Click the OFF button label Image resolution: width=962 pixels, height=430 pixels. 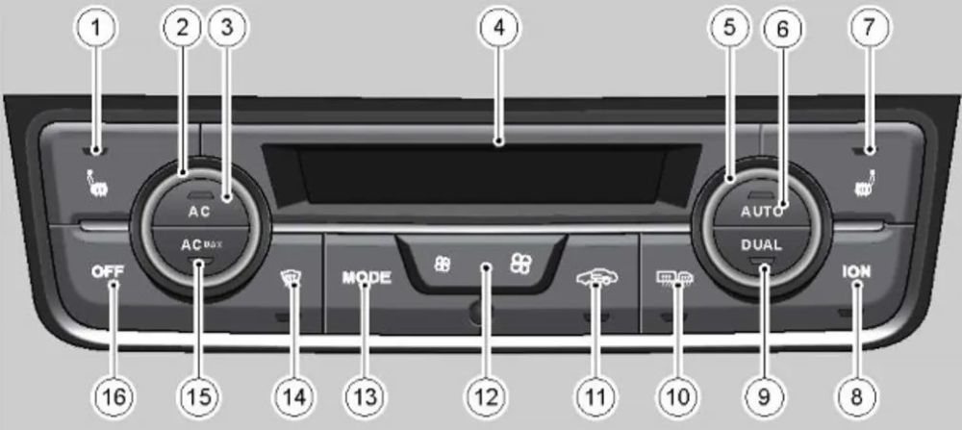[x=107, y=271]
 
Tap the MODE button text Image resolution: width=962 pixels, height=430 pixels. [x=367, y=277]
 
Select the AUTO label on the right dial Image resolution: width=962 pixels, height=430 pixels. [x=761, y=213]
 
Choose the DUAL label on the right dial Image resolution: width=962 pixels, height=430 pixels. [x=761, y=244]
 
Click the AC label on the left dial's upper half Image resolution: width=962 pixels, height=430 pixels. [x=199, y=213]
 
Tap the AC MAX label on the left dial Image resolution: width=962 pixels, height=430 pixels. [x=201, y=244]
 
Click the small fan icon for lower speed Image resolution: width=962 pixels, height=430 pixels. [x=442, y=265]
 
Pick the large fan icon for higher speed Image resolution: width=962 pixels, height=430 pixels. [x=521, y=264]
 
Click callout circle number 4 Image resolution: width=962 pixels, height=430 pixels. [x=498, y=28]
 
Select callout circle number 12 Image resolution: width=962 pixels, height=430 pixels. [x=487, y=395]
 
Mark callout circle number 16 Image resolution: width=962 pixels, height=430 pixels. [x=113, y=395]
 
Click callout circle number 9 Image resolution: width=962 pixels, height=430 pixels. [x=763, y=395]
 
